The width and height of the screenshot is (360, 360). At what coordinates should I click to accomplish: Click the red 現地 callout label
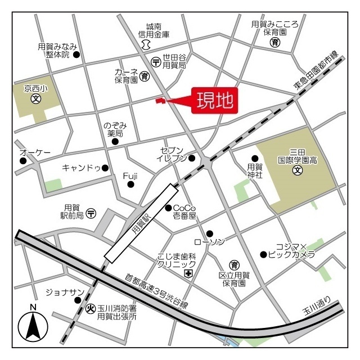pyautogui.click(x=213, y=101)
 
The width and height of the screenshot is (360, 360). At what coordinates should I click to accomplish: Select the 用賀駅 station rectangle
pyautogui.click(x=137, y=222)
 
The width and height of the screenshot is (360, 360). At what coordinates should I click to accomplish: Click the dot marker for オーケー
pyautogui.click(x=23, y=161)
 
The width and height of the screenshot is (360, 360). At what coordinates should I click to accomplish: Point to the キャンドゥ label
pyautogui.click(x=81, y=168)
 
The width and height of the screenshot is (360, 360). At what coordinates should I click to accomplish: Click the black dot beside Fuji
pyautogui.click(x=130, y=184)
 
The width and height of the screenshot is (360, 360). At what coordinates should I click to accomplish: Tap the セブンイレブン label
pyautogui.click(x=172, y=154)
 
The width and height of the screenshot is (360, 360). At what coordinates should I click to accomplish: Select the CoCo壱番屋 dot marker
pyautogui.click(x=168, y=208)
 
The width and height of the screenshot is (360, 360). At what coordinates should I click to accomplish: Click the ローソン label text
pyautogui.click(x=209, y=242)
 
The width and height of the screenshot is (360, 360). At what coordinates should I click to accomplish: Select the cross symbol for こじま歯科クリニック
pyautogui.click(x=188, y=273)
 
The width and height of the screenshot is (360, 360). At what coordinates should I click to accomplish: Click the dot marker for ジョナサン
pyautogui.click(x=78, y=300)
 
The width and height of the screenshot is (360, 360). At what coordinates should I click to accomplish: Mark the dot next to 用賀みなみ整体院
pyautogui.click(x=77, y=55)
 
